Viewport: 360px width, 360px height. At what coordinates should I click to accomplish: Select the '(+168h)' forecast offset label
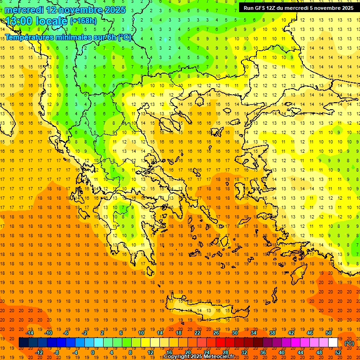[83, 21]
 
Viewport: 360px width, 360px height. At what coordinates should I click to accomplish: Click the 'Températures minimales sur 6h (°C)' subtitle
[68, 37]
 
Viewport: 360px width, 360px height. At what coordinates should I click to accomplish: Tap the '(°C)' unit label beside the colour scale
[349, 343]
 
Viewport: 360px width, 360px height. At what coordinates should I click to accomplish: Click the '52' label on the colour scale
[338, 352]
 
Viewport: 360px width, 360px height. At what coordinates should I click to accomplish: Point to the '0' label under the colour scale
[92, 352]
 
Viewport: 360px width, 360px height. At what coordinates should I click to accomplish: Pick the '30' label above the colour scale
[234, 333]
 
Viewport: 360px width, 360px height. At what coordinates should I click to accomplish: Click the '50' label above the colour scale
[328, 333]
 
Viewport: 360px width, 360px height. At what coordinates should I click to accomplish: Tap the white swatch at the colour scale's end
[333, 343]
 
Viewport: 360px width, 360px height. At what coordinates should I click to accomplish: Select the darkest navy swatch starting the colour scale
[23, 343]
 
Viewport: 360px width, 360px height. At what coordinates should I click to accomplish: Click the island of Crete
[206, 309]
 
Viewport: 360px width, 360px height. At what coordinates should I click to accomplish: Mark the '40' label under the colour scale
[281, 352]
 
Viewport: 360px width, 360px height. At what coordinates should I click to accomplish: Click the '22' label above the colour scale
[197, 333]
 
